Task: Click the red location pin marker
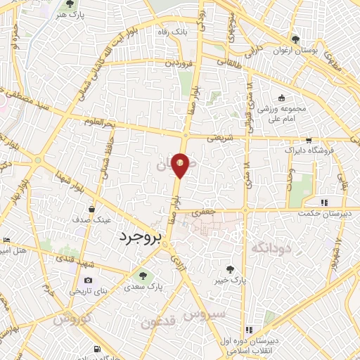coord(181,165)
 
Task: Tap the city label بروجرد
coord(138,238)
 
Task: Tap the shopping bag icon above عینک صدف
coord(91,209)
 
